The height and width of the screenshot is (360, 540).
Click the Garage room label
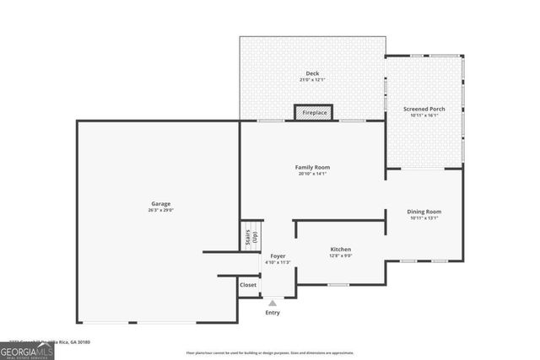point(161,203)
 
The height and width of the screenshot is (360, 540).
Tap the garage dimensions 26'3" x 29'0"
point(161,210)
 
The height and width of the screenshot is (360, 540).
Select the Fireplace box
point(314,112)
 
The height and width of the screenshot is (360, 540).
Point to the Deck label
point(312,73)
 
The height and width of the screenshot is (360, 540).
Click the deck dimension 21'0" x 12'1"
point(312,80)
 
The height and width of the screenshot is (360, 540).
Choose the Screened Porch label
point(425,109)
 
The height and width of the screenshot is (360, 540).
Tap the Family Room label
point(311,167)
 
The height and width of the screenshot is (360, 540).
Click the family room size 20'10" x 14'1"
point(311,174)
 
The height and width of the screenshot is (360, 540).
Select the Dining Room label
point(425,211)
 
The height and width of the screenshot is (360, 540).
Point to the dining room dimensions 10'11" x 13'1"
point(425,218)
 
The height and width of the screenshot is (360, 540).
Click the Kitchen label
point(340,249)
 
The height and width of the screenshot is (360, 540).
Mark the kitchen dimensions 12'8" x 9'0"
point(340,255)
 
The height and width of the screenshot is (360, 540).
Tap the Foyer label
point(278,255)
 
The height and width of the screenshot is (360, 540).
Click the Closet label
point(248,285)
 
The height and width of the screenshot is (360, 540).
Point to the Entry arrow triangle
point(272,303)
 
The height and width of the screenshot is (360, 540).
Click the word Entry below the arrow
point(272,313)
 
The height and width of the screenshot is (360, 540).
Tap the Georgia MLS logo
point(27,348)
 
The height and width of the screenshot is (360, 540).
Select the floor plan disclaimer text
point(270,352)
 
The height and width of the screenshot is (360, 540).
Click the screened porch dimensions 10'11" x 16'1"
point(425,116)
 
